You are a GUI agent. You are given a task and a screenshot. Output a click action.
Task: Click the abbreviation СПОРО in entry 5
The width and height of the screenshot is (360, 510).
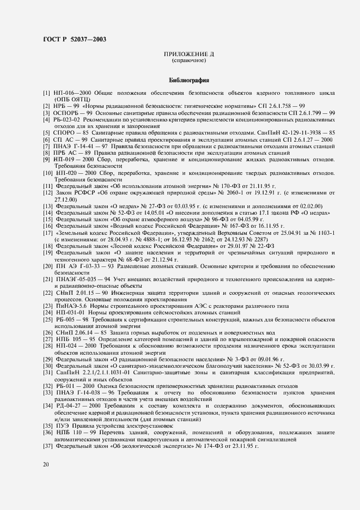(65, 133)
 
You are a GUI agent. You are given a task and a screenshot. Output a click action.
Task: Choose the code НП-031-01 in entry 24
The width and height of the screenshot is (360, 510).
(68, 313)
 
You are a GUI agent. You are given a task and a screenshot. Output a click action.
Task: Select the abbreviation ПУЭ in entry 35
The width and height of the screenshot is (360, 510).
(62, 426)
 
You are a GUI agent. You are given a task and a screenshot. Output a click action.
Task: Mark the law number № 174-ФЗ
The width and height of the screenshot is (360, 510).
(202, 446)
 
